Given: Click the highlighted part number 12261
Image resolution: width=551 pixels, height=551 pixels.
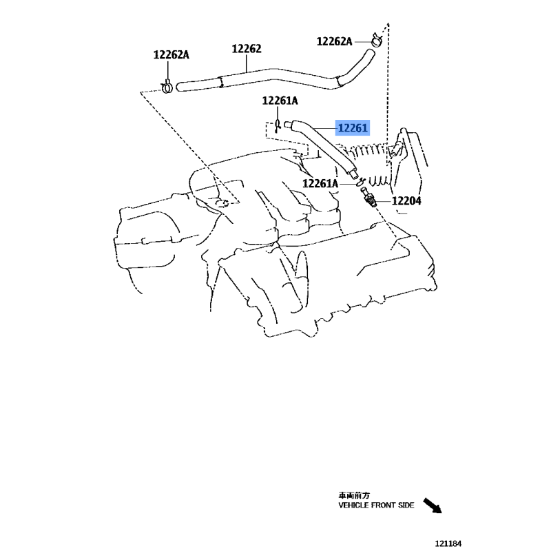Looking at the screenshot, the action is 353,128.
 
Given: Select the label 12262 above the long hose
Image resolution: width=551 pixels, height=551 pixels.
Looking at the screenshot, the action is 247,49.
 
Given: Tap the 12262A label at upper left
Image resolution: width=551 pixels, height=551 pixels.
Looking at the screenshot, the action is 171,55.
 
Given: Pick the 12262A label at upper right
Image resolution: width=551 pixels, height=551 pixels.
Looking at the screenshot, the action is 334,41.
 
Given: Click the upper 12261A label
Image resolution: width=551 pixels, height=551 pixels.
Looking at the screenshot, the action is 280,101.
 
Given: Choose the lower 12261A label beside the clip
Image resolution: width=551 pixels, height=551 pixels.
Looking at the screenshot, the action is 320,183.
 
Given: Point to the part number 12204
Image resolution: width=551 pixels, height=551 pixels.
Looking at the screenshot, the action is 406,201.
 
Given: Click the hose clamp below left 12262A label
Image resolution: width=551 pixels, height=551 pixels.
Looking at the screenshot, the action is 167,87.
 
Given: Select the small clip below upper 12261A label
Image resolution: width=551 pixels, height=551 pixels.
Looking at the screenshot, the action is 278,126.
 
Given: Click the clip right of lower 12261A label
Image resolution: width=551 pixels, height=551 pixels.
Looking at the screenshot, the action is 360,182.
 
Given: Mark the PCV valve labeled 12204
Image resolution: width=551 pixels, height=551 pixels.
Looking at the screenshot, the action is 368,197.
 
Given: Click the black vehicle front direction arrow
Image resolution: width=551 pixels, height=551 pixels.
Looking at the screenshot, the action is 433,506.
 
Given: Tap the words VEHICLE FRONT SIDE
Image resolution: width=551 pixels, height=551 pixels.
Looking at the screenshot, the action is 376,505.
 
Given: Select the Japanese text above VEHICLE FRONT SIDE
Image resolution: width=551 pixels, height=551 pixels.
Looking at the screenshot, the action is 354,495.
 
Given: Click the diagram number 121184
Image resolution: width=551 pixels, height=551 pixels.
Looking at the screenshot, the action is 448,543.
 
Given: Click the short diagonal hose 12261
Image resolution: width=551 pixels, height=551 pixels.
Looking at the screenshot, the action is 321,147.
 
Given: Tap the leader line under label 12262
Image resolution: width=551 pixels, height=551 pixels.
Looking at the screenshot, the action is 247,63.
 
